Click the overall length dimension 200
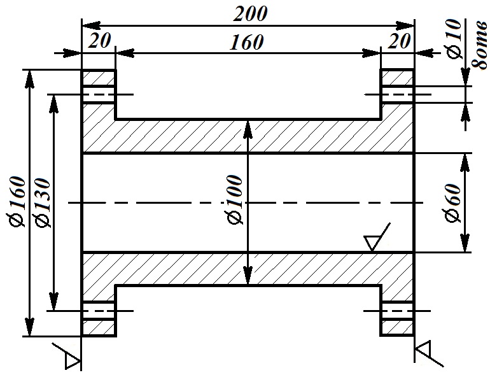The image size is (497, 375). (x=250, y=14)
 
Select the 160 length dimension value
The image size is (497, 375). (x=247, y=42)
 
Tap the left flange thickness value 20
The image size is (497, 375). (x=99, y=41)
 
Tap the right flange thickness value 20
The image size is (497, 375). (x=399, y=41)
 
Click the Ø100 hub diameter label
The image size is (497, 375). (x=235, y=200)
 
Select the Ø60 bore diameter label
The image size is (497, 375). (x=452, y=203)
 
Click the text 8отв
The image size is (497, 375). (x=479, y=45)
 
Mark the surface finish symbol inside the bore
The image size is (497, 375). (x=377, y=237)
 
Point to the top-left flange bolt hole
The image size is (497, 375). (x=99, y=94)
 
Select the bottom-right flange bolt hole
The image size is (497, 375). (x=398, y=311)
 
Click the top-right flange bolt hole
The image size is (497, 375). (x=398, y=94)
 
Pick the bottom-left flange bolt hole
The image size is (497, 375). (x=99, y=311)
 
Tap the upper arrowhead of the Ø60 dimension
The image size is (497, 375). (x=465, y=162)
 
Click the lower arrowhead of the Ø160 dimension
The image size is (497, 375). (x=29, y=327)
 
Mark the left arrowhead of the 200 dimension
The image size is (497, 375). (x=92, y=25)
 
